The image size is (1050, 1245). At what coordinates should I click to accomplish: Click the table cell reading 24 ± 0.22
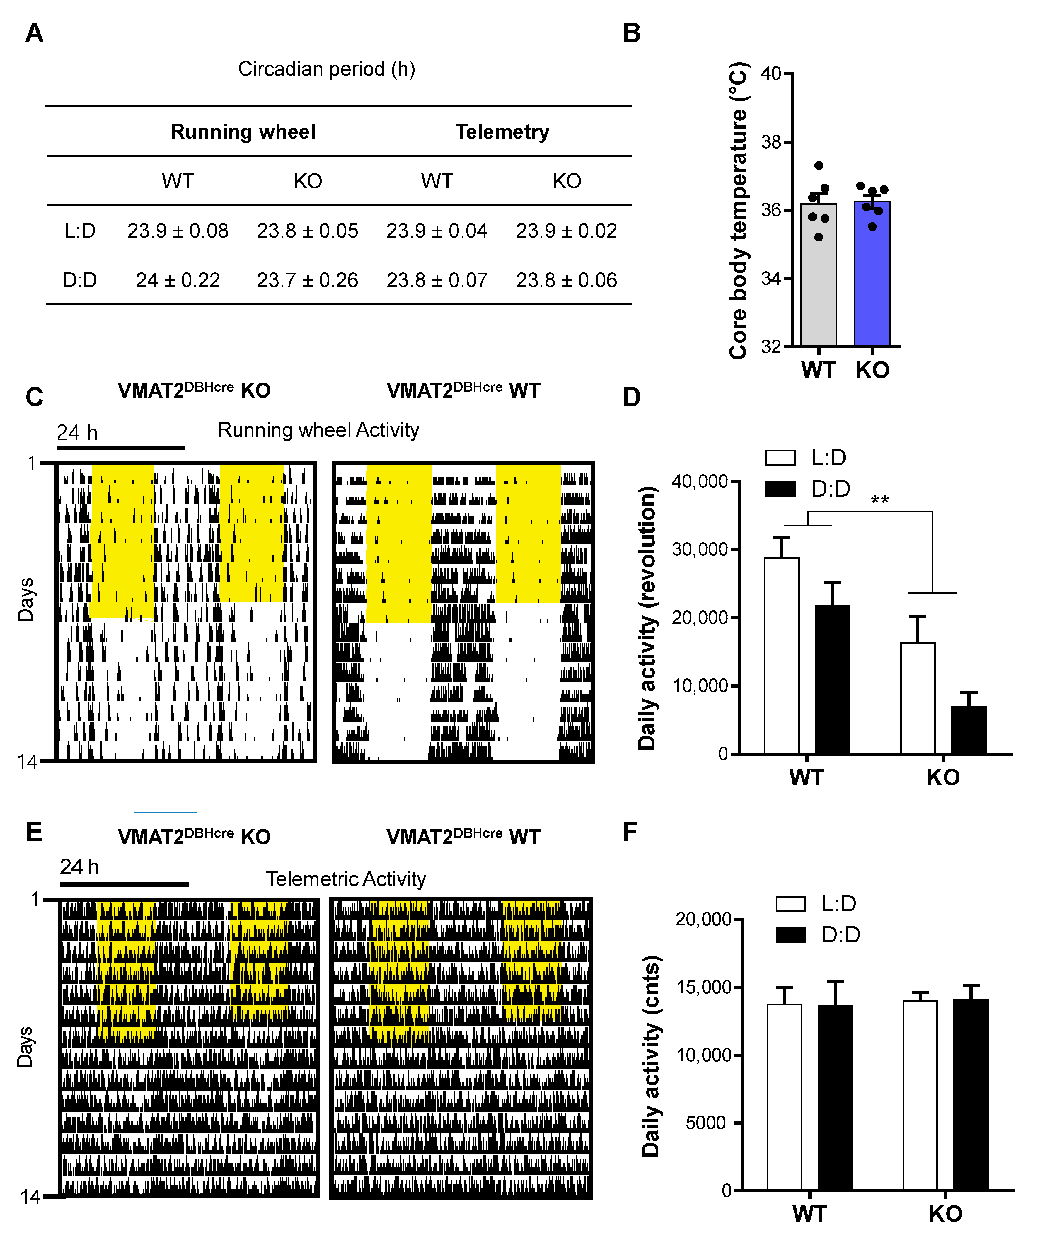pos(178,280)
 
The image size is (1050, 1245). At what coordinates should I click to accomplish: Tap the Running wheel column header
pos(243,132)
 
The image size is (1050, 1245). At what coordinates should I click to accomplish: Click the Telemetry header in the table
pos(502,132)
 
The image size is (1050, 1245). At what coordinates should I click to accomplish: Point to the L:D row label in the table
pos(80,231)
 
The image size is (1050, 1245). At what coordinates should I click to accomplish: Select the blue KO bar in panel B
pos(872,274)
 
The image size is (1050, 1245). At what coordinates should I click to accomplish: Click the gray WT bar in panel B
pos(819,275)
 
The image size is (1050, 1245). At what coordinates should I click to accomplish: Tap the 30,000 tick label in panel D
pos(699,549)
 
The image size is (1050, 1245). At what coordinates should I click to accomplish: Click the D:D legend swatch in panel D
pos(780,489)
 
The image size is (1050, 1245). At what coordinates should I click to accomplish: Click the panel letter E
pos(34,831)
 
